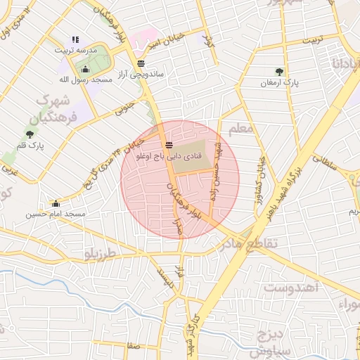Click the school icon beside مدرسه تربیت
pyautogui.click(x=75, y=39)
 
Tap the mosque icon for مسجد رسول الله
pyautogui.click(x=86, y=69)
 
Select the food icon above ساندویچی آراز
pyautogui.click(x=142, y=63)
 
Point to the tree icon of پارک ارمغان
pyautogui.click(x=280, y=71)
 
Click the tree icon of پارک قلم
pyautogui.click(x=30, y=134)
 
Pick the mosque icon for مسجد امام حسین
pyautogui.click(x=57, y=203)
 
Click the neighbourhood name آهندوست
pyautogui.click(x=291, y=287)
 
